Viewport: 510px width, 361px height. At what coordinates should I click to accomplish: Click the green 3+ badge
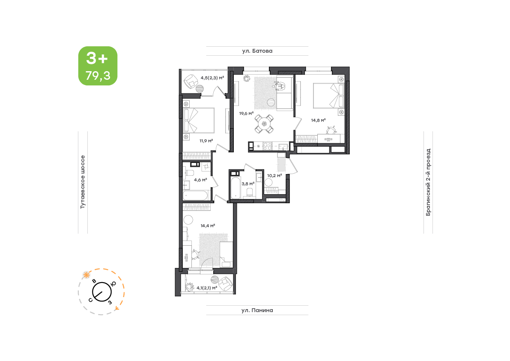[x=98, y=66]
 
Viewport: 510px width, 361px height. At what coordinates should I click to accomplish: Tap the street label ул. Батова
[x=257, y=51]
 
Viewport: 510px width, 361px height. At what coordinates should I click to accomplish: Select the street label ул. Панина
[x=257, y=310]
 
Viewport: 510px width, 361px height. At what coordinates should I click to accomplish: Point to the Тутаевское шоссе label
[x=83, y=182]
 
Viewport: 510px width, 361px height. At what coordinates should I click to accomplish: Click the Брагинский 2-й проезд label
[x=428, y=182]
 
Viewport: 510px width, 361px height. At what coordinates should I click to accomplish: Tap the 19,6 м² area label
[x=246, y=114]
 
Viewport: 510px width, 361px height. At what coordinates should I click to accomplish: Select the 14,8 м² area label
[x=318, y=120]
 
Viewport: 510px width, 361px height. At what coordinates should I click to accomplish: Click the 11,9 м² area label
[x=206, y=141]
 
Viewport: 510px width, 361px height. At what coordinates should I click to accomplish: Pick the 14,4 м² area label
[x=208, y=226]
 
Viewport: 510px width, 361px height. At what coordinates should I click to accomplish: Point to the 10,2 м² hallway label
[x=274, y=175]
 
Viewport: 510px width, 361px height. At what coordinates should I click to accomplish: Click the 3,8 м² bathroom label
[x=248, y=184]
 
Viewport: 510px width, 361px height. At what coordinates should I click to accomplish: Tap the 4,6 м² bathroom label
[x=200, y=180]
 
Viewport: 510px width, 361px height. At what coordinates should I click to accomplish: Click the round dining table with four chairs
[x=264, y=124]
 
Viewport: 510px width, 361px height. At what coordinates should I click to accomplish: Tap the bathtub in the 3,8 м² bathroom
[x=235, y=187]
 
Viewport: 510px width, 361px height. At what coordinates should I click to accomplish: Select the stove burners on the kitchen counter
[x=267, y=146]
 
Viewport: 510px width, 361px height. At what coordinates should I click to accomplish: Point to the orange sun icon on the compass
[x=86, y=275]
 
